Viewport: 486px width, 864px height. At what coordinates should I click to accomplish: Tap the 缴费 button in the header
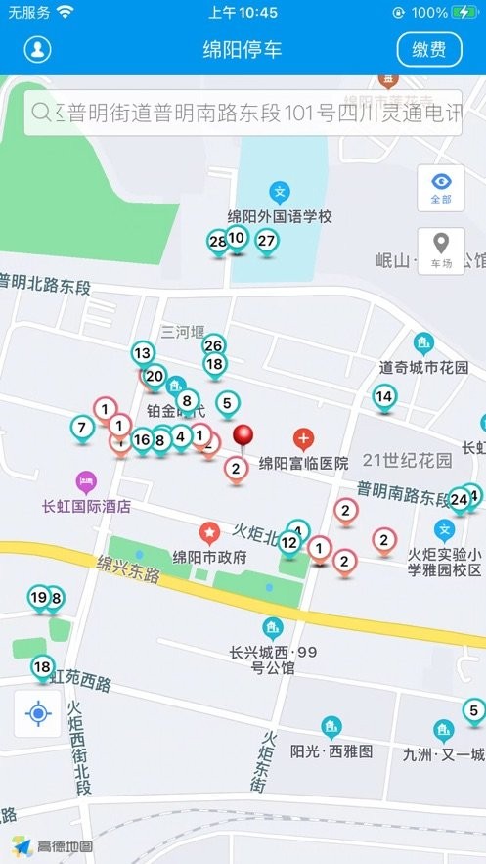[429, 49]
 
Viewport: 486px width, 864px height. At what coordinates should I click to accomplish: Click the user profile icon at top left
[38, 49]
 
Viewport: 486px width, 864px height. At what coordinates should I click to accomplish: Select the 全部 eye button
[441, 187]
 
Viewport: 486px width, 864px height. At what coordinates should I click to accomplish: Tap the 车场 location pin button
[441, 250]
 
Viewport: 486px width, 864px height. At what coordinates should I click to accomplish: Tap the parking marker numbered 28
[218, 242]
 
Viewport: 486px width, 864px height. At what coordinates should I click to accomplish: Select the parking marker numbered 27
[266, 241]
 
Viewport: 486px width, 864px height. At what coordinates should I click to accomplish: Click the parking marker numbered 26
[214, 345]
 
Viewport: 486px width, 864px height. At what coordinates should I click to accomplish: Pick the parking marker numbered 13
[143, 353]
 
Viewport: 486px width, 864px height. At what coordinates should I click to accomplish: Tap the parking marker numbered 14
[384, 397]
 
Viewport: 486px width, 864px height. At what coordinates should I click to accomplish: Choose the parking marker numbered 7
[83, 428]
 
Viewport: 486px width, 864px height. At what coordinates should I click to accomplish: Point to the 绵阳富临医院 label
[303, 463]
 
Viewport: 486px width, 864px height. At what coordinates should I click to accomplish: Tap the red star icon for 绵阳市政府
[208, 532]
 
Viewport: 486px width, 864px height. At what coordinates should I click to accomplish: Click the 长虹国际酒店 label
[86, 507]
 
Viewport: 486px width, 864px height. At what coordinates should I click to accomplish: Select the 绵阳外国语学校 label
[280, 216]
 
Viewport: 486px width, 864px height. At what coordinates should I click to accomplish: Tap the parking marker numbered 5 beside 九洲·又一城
[473, 711]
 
